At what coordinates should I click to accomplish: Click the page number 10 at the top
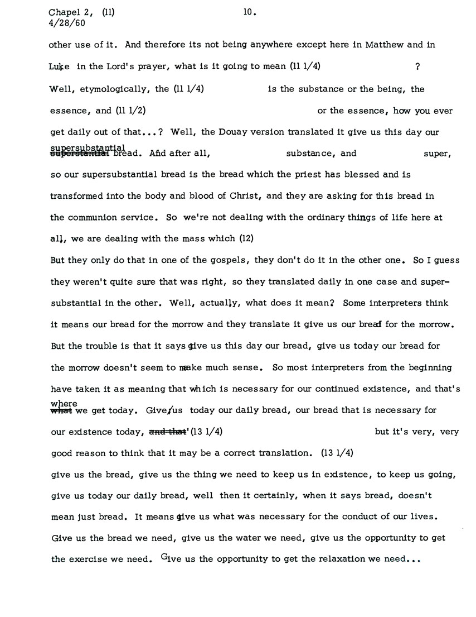249,12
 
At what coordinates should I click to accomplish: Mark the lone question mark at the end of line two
417,67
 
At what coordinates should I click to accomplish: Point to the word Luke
60,67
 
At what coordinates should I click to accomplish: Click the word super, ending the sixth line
437,154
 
